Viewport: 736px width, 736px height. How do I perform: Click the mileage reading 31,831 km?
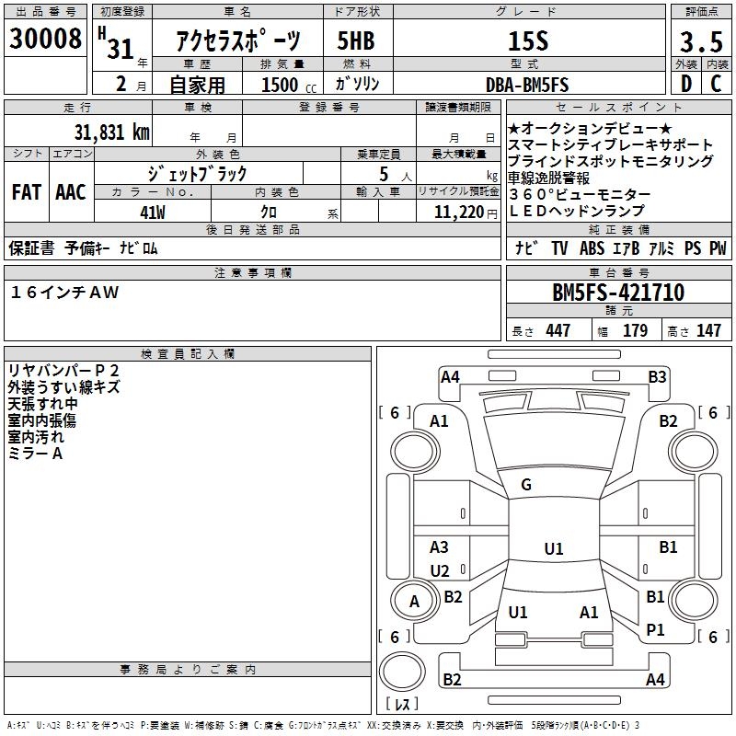click(x=111, y=132)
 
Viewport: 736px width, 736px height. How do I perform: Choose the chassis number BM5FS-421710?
click(x=617, y=293)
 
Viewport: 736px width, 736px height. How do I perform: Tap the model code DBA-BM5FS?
click(x=527, y=85)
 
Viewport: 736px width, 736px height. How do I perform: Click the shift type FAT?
click(x=26, y=192)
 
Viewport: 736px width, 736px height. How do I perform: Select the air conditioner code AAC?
click(x=70, y=192)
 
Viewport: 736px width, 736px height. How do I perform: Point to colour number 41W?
click(x=152, y=213)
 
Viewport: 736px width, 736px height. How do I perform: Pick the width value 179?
click(x=636, y=330)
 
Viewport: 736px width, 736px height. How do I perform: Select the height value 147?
click(x=708, y=330)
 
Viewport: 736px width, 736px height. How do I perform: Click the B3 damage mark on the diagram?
click(x=656, y=376)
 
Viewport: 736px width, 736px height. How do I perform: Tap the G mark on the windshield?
click(x=526, y=485)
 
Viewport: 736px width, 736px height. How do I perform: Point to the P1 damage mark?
click(x=655, y=629)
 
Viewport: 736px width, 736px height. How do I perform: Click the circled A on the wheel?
click(x=414, y=602)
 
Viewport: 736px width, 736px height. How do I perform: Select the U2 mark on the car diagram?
click(x=440, y=570)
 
